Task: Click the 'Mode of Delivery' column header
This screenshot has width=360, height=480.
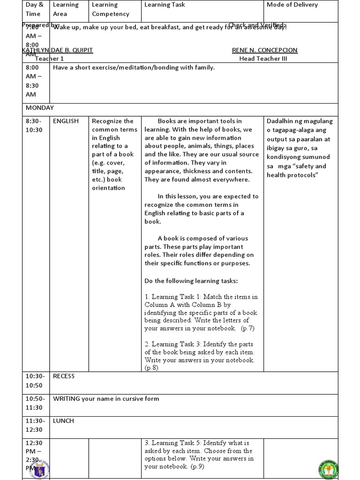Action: point(292,5)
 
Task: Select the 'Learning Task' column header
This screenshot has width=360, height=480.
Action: point(165,5)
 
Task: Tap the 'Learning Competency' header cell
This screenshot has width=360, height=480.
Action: point(110,9)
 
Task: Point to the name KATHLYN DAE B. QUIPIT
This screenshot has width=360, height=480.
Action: point(58,50)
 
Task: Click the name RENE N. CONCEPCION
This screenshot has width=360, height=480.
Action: point(264,50)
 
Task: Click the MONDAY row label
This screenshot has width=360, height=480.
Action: point(40,107)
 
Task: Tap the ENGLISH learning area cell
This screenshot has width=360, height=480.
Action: point(66,121)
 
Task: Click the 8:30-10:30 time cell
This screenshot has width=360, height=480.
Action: point(35,125)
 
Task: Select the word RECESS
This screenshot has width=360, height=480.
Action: point(64,376)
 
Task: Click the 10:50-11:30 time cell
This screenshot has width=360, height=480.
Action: point(35,403)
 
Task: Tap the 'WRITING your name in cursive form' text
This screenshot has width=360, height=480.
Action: point(106,399)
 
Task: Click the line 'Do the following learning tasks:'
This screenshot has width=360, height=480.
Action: point(191,281)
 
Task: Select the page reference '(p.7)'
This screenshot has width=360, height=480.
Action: point(248,329)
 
